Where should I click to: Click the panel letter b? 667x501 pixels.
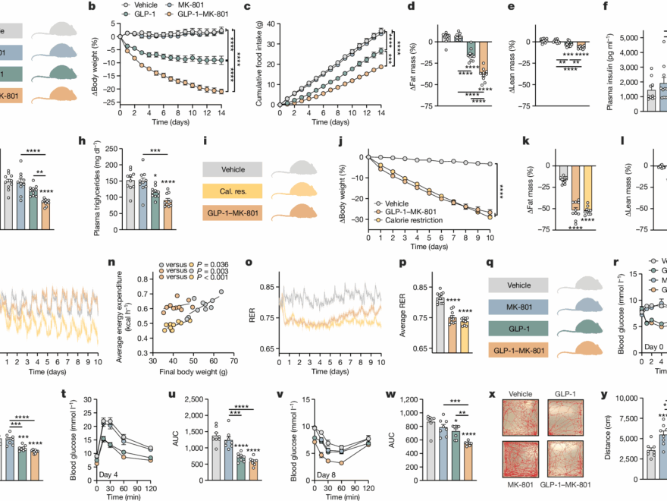pyautogui.click(x=92, y=8)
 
